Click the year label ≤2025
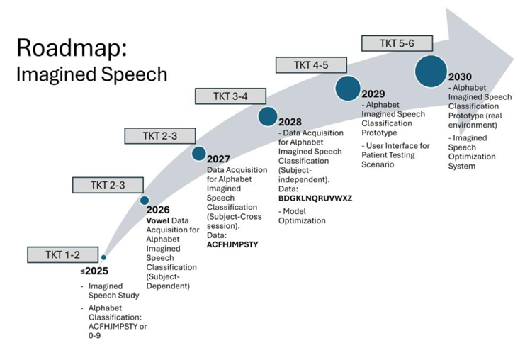(x=94, y=271)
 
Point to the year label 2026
(x=159, y=210)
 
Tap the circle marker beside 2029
(x=348, y=88)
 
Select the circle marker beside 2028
(x=268, y=116)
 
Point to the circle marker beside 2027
(x=199, y=154)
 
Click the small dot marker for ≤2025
(x=103, y=257)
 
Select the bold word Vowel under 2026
(x=158, y=220)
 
